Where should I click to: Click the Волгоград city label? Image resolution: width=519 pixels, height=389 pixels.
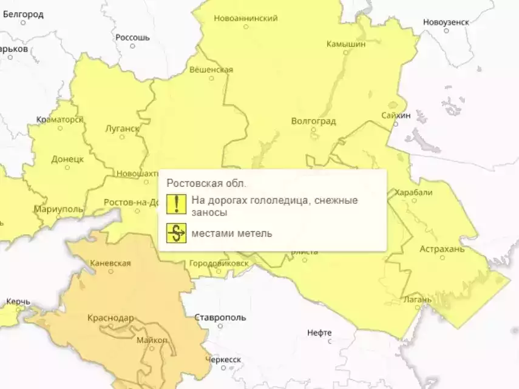click(313, 121)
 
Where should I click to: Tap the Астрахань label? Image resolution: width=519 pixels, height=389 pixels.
click(442, 249)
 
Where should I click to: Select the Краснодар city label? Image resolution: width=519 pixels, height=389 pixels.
click(110, 317)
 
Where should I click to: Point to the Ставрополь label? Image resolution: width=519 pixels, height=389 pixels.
click(220, 317)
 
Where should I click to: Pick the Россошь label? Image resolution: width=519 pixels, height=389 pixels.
click(132, 38)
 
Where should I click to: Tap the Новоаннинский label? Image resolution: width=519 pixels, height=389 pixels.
click(246, 18)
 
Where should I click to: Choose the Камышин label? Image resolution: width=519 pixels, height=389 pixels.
click(346, 44)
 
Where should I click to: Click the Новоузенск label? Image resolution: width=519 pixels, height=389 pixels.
click(446, 22)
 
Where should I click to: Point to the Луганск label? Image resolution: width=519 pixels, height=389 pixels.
click(122, 129)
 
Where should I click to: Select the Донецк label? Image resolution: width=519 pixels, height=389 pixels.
click(67, 159)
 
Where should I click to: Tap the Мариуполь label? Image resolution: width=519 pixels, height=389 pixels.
click(58, 209)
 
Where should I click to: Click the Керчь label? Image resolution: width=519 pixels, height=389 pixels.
click(18, 302)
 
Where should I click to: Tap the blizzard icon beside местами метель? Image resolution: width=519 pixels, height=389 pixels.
click(177, 234)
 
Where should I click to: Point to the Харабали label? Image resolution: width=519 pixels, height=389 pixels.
click(413, 192)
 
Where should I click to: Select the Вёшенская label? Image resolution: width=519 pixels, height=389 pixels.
click(211, 69)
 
